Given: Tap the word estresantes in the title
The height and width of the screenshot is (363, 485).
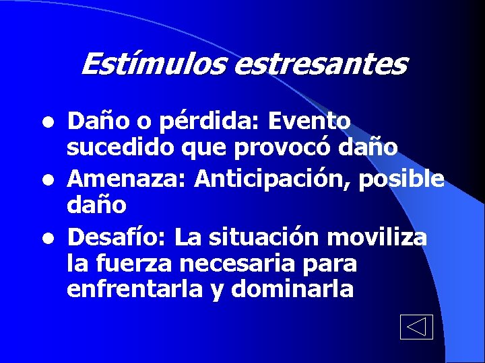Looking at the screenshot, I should tap(321, 65).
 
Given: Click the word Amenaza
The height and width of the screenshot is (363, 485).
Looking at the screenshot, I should tap(128, 179).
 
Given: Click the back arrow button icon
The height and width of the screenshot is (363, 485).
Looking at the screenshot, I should tap(416, 327).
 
